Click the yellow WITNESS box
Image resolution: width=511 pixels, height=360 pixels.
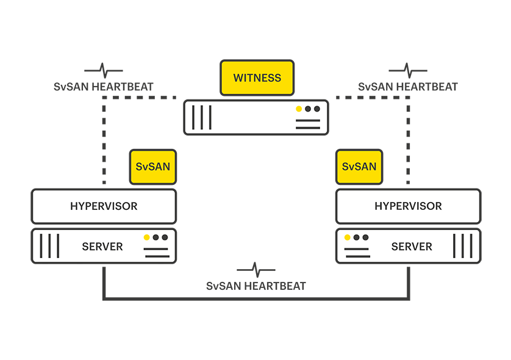coord(257,78)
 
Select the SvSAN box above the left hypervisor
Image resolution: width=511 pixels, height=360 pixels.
coord(153,167)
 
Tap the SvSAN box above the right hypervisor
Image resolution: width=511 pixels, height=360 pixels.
coord(359,167)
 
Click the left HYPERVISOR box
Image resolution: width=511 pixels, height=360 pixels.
coord(104,206)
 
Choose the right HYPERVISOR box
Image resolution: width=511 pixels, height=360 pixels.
coord(408,206)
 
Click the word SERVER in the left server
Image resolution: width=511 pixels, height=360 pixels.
coord(102,247)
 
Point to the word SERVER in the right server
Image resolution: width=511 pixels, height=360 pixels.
coord(412,247)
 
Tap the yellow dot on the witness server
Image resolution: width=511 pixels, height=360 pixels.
coord(299,109)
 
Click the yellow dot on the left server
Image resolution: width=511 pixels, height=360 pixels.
coord(146,237)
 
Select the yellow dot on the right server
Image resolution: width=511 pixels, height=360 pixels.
coord(348,237)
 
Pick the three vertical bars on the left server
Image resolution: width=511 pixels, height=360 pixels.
coord(49,246)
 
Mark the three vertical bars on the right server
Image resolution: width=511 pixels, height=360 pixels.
coord(462,246)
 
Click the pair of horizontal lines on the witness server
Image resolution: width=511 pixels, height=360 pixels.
coord(307,124)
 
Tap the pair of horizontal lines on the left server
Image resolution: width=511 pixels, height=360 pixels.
coord(155,253)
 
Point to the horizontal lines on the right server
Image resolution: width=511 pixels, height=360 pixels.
coord(357,253)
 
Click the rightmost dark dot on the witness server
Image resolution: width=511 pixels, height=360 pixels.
coord(316,109)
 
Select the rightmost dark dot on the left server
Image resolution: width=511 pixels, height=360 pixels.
coord(164,237)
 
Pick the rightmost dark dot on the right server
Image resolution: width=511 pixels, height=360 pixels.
coord(365,237)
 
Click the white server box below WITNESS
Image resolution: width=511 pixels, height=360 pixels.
coord(256,117)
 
